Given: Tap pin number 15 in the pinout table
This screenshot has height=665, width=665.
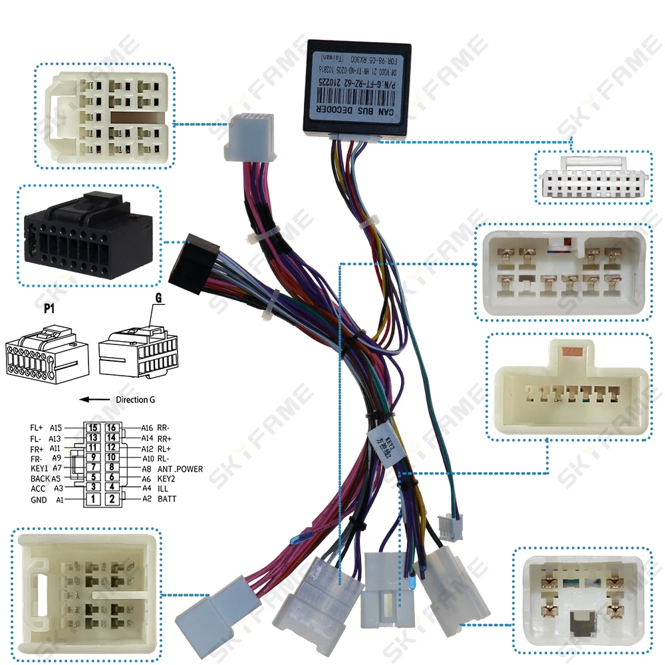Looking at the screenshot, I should [x=94, y=428].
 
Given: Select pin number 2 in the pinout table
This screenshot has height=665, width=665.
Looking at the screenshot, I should [x=112, y=499].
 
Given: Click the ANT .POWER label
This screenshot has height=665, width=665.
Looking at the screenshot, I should [x=180, y=468].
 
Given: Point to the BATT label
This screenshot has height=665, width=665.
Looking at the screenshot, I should [x=168, y=499].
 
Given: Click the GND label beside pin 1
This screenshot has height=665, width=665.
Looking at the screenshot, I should [x=39, y=499].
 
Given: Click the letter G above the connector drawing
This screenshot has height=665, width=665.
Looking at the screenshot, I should [x=158, y=300].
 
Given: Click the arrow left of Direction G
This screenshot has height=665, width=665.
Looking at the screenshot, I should [x=94, y=400].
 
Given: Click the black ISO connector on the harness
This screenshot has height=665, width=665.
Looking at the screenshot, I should [x=194, y=262].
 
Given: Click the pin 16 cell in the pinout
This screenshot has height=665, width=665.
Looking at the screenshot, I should [x=112, y=428].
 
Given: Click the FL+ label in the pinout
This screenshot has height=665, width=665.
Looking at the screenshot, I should [x=38, y=428].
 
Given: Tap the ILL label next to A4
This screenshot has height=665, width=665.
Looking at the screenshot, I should [x=163, y=488].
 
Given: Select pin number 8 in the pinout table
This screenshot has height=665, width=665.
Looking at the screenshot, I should [x=112, y=468].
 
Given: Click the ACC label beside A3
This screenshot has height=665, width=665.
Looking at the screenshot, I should [x=39, y=488].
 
